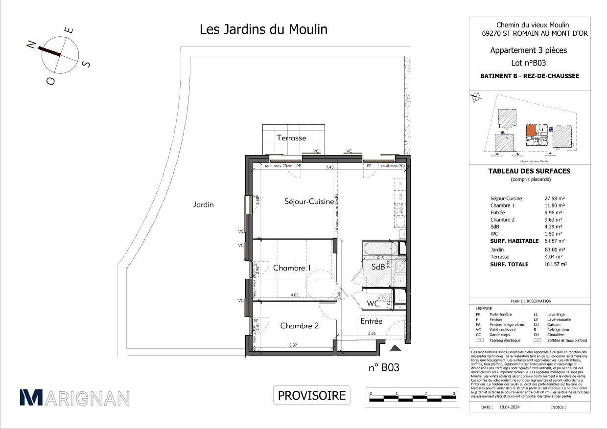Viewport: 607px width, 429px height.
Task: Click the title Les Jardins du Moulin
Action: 263,29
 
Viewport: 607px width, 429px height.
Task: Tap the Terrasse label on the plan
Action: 291,138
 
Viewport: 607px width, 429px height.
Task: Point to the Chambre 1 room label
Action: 292,268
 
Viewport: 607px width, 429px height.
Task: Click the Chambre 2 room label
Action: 299,326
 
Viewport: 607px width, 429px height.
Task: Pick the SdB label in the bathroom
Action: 377,268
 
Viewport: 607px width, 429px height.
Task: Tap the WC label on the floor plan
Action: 374,304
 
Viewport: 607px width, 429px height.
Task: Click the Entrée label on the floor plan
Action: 372,321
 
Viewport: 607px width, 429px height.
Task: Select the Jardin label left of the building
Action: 203,205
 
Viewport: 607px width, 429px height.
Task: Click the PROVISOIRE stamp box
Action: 312,395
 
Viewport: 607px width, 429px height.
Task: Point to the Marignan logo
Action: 74,398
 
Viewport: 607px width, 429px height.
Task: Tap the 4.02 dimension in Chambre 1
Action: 295,295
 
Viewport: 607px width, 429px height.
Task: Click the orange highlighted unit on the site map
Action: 530,131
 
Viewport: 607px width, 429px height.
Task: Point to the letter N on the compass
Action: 31,45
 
